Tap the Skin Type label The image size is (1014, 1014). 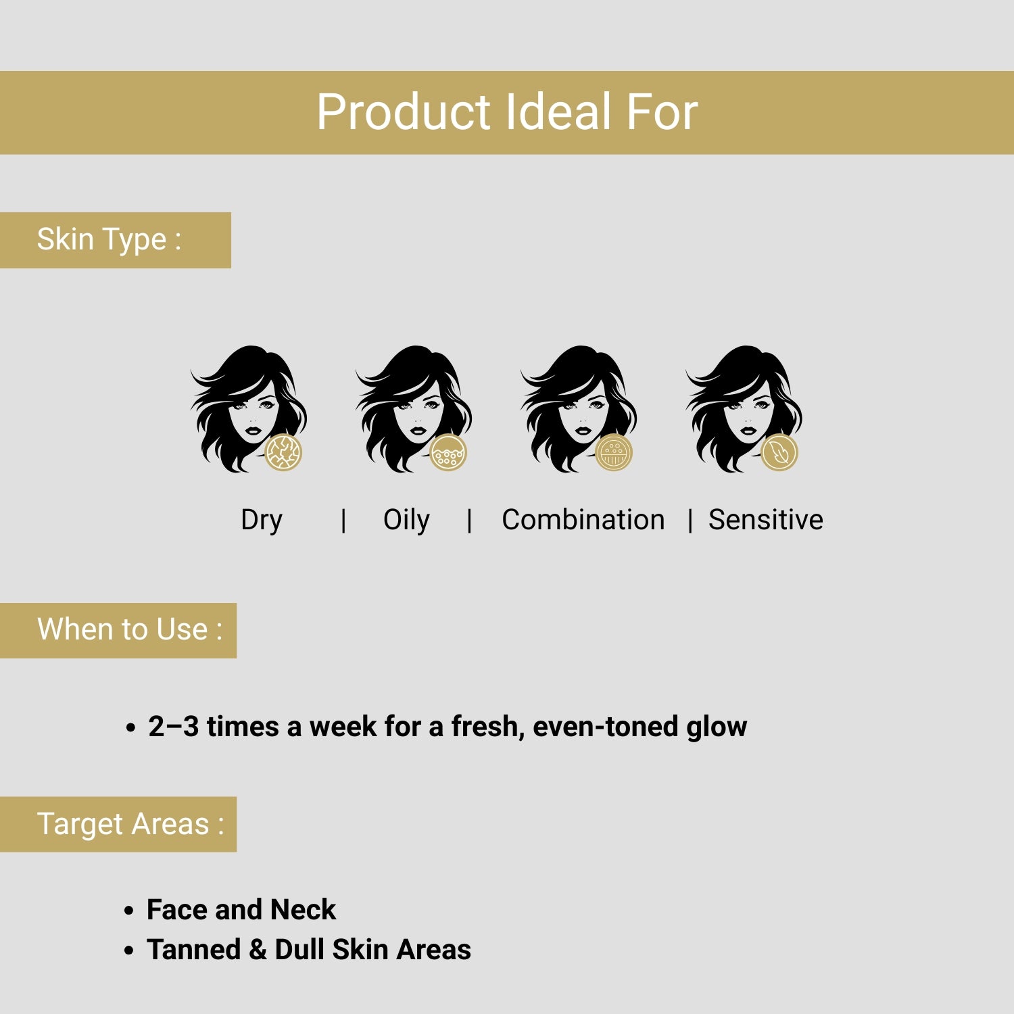point(109,239)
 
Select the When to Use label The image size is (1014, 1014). point(130,629)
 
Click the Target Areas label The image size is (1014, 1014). point(130,824)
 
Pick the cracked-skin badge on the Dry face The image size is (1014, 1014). point(283,453)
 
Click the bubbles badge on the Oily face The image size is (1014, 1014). point(448,453)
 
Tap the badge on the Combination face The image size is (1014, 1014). point(614,453)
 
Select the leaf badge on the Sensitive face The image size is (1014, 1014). point(779,453)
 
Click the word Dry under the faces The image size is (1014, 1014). point(262,521)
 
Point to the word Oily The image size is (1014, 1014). point(406,521)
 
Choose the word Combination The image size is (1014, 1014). point(583,520)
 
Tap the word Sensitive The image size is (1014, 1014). point(766,520)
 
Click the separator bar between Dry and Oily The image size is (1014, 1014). point(344,521)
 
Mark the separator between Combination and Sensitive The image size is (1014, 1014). point(690,521)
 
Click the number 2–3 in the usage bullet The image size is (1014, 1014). point(174,727)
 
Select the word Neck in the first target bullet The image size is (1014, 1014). point(303,910)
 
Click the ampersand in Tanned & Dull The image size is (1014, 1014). point(258,950)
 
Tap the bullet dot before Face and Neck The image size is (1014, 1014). point(129,911)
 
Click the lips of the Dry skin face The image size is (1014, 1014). point(253,431)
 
